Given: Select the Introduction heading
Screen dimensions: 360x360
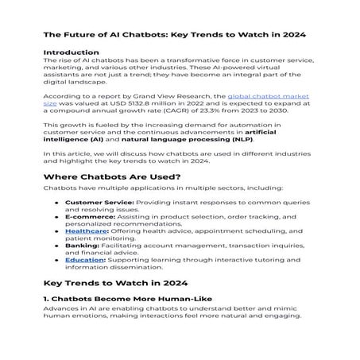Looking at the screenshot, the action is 72,52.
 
